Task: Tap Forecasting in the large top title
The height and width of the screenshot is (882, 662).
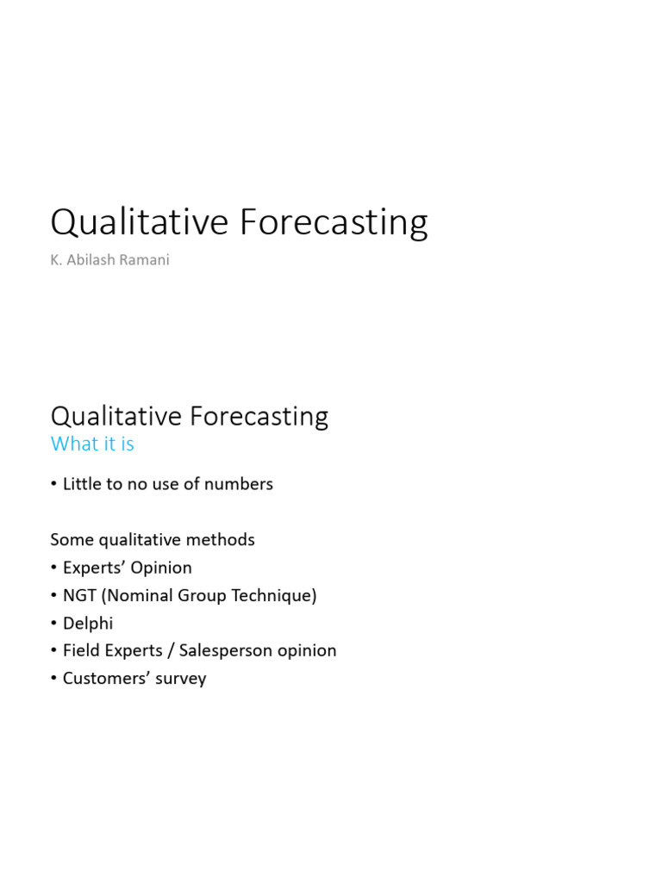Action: (x=333, y=222)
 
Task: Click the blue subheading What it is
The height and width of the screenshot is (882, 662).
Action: (x=92, y=444)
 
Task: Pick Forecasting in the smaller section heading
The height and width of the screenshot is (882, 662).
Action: (x=258, y=417)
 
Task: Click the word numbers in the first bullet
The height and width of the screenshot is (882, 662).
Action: (x=239, y=484)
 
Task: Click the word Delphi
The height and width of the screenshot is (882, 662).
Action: (x=88, y=623)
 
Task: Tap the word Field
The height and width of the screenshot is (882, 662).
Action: (x=78, y=650)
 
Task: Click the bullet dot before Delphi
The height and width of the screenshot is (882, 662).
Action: (x=53, y=624)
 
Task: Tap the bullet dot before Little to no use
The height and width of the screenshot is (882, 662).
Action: (x=53, y=485)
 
